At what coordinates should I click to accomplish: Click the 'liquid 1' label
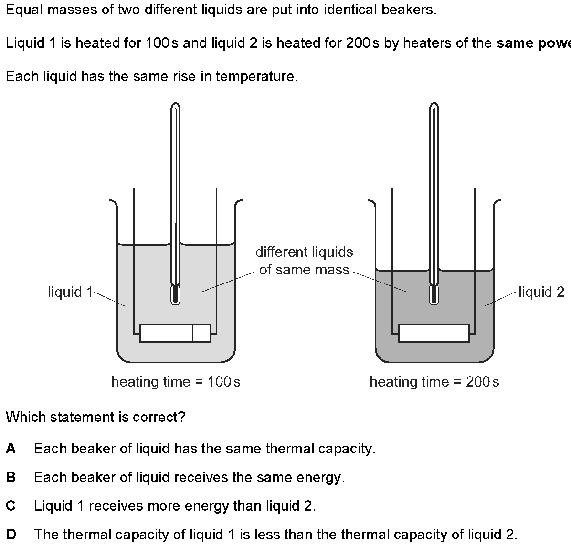pos(70,292)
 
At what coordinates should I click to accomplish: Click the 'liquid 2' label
pos(541,292)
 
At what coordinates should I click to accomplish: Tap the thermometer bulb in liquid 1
pos(175,295)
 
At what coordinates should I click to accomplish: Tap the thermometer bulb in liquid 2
pos(434,295)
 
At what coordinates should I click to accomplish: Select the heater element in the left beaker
pos(175,333)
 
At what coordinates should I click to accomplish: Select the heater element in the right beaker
pos(434,333)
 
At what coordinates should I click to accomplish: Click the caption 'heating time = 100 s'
pos(176,382)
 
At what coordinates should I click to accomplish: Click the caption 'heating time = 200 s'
pos(434,382)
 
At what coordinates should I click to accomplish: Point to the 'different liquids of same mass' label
pos(304,261)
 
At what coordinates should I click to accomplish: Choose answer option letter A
pos(11,449)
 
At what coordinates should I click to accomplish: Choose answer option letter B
pos(11,477)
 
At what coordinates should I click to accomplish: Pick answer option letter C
pos(11,506)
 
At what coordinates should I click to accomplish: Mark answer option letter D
pos(11,535)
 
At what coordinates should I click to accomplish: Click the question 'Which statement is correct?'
pos(95,417)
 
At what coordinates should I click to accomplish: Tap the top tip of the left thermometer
pos(175,105)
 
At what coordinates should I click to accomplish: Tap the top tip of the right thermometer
pos(434,105)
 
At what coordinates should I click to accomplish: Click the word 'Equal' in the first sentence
pos(21,10)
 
